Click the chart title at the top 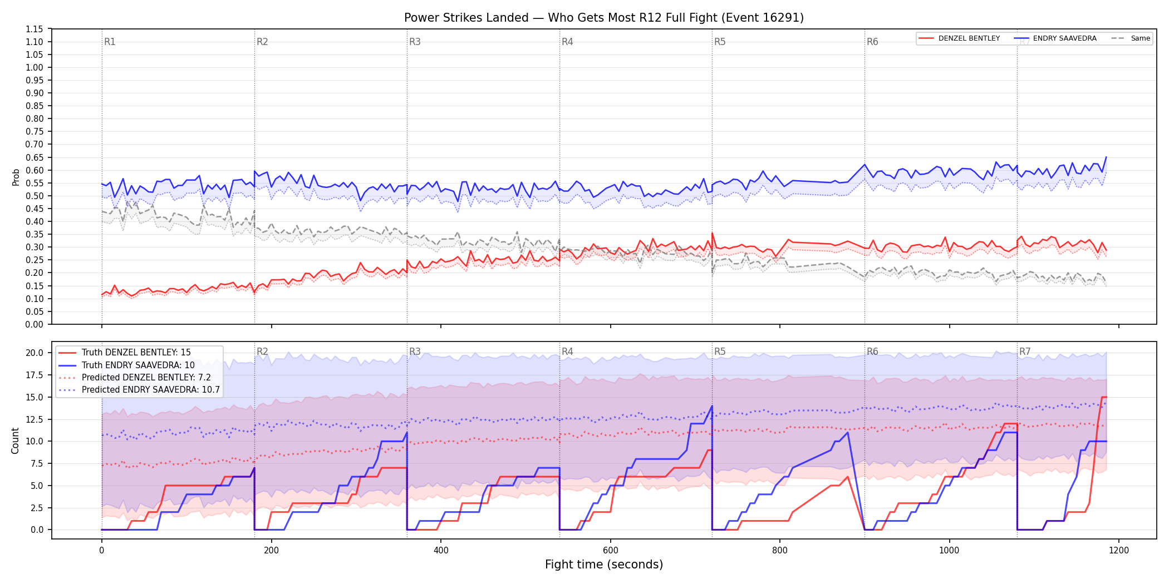point(604,18)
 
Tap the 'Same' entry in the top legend point(1131,38)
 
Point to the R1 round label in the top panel point(110,42)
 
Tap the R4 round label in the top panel point(567,42)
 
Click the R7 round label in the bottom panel point(1025,352)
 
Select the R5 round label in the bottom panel point(720,352)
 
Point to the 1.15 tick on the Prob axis point(35,29)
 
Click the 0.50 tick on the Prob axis point(35,196)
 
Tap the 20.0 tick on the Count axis point(35,353)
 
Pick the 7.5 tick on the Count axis point(37,463)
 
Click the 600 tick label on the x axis point(610,551)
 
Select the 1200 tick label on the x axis point(1119,551)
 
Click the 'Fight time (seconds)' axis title point(604,565)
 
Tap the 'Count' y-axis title point(15,441)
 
